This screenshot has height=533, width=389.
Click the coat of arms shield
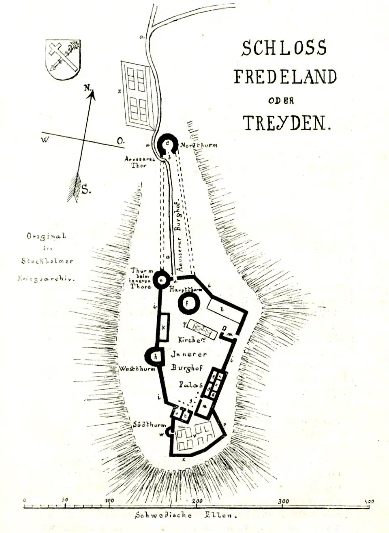(x=63, y=59)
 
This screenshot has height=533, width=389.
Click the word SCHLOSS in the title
(x=284, y=48)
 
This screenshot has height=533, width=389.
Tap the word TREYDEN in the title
(x=286, y=123)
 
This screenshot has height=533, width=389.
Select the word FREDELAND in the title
(x=285, y=77)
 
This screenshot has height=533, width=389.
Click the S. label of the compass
(x=86, y=189)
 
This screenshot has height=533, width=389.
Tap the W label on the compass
(x=45, y=140)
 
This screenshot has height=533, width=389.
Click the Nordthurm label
(x=199, y=145)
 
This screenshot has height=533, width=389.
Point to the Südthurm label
(x=150, y=424)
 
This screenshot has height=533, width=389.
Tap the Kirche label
(x=189, y=340)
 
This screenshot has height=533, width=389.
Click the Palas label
(x=190, y=384)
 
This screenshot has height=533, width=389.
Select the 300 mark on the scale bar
(x=283, y=501)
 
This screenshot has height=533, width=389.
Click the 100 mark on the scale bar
(x=109, y=501)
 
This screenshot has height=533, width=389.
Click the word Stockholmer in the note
(x=47, y=261)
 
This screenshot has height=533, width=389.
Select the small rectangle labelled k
(x=164, y=327)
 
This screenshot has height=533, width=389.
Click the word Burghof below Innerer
(x=186, y=368)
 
